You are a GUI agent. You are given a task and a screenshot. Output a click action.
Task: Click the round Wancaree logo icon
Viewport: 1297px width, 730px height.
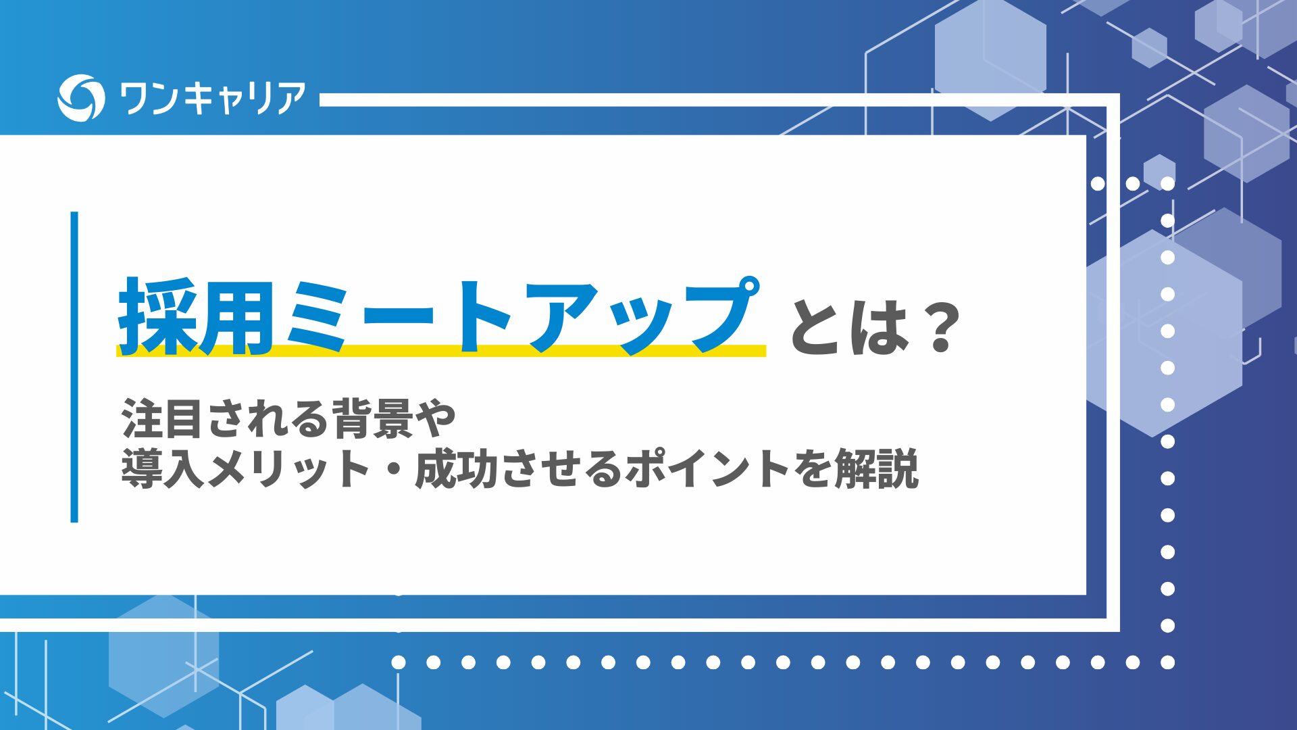coord(81,97)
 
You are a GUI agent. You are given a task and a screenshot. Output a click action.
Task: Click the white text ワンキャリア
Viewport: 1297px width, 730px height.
coord(212,98)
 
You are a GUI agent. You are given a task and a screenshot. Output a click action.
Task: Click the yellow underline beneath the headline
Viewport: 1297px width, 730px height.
coord(441,351)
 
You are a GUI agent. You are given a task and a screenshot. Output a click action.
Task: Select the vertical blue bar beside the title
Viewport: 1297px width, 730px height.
coord(74,367)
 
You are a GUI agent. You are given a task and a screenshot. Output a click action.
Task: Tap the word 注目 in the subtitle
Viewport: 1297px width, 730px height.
coord(162,419)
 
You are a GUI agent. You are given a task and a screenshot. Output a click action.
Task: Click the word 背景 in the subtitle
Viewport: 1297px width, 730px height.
coord(372,419)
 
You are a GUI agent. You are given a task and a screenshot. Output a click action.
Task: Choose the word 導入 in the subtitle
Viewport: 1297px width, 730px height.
coord(162,468)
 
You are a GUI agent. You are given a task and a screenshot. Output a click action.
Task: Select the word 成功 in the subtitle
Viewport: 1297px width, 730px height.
coord(457,468)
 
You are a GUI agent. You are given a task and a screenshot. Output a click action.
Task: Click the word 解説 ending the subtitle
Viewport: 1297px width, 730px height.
coord(877,468)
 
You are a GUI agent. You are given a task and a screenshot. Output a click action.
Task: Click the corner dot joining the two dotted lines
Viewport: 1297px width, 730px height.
coord(1168,662)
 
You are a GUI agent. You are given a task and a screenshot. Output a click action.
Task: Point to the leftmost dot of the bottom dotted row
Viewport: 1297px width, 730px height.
coord(399,662)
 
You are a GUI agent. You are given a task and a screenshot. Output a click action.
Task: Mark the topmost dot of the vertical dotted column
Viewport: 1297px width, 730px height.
coord(1168,184)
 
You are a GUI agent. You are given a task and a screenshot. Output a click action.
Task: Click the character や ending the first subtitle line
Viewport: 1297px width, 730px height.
coord(436,419)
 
